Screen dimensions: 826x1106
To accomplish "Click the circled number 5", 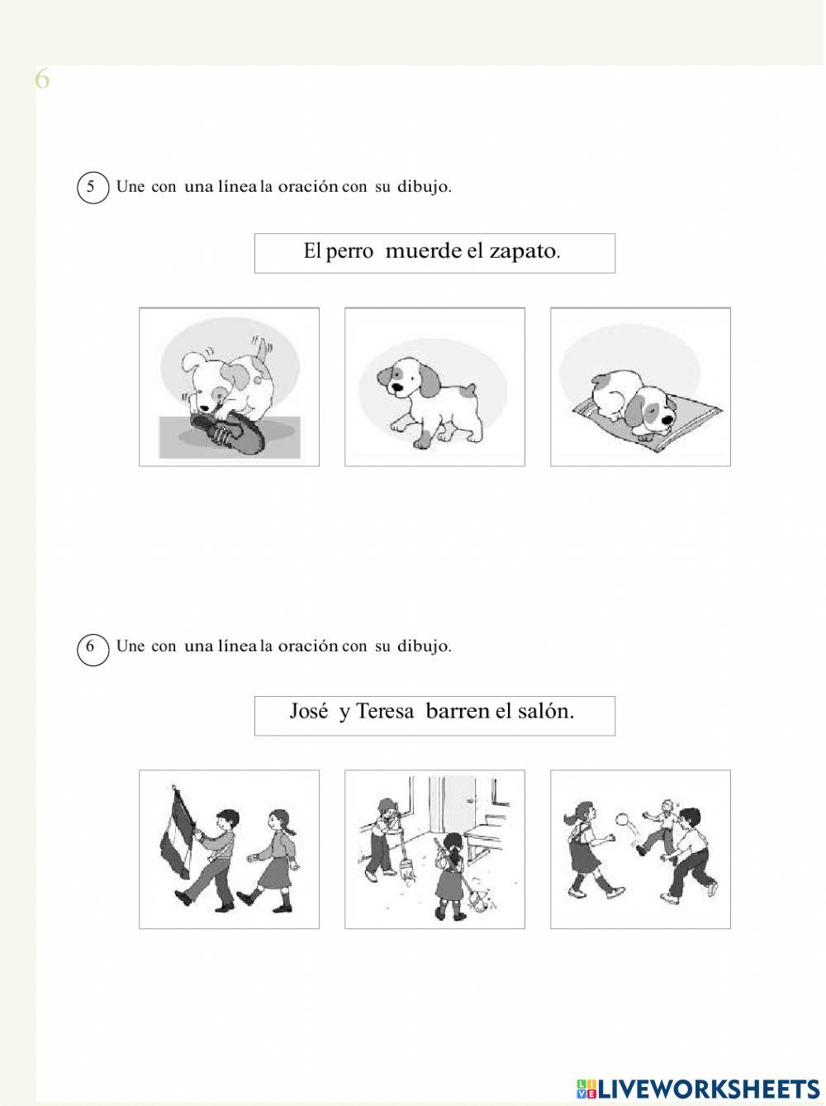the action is point(93,188).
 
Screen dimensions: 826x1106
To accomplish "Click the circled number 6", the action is point(93,650).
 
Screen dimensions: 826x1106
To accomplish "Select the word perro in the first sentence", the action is point(349,252).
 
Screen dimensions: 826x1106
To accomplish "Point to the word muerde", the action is point(423,250).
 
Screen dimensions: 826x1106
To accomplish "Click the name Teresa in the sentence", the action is point(385,712).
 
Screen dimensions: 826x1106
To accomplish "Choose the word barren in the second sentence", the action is point(457,712).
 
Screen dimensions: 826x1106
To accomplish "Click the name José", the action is point(309,712).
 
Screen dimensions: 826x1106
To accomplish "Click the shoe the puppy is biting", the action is point(227,431).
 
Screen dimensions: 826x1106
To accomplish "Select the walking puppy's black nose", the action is point(397,388).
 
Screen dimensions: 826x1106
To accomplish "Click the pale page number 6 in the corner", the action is point(42,79).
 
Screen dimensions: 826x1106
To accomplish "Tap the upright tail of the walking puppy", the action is point(470,390).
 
